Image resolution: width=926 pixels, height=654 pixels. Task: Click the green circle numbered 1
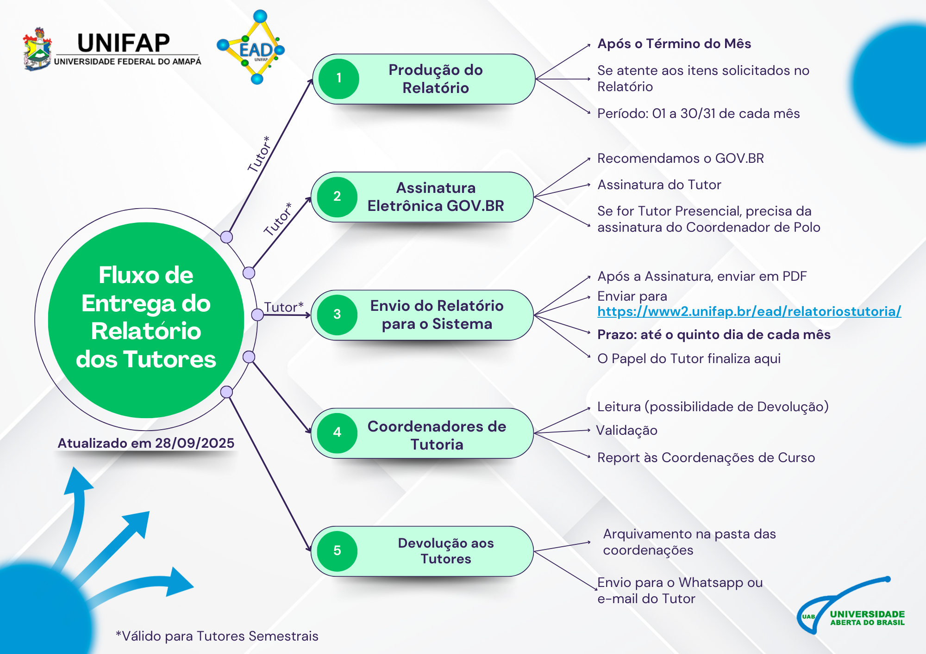click(338, 79)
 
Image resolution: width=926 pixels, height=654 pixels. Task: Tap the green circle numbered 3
click(337, 315)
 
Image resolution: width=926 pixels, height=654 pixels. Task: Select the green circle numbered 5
click(337, 551)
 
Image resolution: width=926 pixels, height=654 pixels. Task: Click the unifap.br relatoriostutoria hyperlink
click(749, 311)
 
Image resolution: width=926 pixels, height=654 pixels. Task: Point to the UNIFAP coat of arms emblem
click(38, 49)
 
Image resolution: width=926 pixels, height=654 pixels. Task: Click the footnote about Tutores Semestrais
click(217, 636)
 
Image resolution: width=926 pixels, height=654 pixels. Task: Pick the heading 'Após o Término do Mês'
click(674, 44)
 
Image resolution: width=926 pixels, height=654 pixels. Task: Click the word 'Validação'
click(626, 431)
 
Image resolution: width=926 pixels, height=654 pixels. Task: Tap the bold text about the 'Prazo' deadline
click(713, 335)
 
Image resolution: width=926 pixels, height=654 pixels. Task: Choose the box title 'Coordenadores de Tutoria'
click(437, 435)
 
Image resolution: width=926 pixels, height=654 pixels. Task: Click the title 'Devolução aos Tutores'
click(445, 551)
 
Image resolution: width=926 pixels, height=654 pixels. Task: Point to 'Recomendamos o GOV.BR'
click(680, 159)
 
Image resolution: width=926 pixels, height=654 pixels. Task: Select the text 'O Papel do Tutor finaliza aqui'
click(688, 359)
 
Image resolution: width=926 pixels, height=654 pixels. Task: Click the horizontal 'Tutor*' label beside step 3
click(283, 307)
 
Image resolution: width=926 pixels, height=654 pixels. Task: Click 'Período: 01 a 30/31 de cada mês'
click(698, 114)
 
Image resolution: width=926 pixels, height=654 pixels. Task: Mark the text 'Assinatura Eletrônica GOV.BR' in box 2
click(435, 197)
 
